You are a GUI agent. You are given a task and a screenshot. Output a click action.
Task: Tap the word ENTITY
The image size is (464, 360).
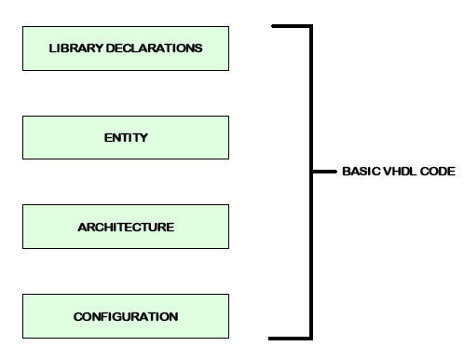(x=114, y=138)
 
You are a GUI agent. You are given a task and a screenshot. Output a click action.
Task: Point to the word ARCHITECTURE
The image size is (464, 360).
(x=114, y=227)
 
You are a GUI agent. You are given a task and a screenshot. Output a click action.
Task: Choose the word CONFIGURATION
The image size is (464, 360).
(x=114, y=316)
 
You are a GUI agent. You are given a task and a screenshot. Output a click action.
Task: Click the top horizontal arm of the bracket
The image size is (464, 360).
(x=290, y=26)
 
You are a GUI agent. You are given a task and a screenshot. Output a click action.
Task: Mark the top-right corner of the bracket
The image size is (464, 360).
(x=310, y=26)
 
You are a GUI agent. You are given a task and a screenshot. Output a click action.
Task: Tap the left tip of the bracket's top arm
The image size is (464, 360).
(x=271, y=26)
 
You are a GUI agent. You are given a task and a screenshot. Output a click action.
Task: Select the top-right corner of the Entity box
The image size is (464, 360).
(x=202, y=117)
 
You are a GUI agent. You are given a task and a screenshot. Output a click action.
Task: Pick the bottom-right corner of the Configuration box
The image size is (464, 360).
(x=202, y=338)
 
